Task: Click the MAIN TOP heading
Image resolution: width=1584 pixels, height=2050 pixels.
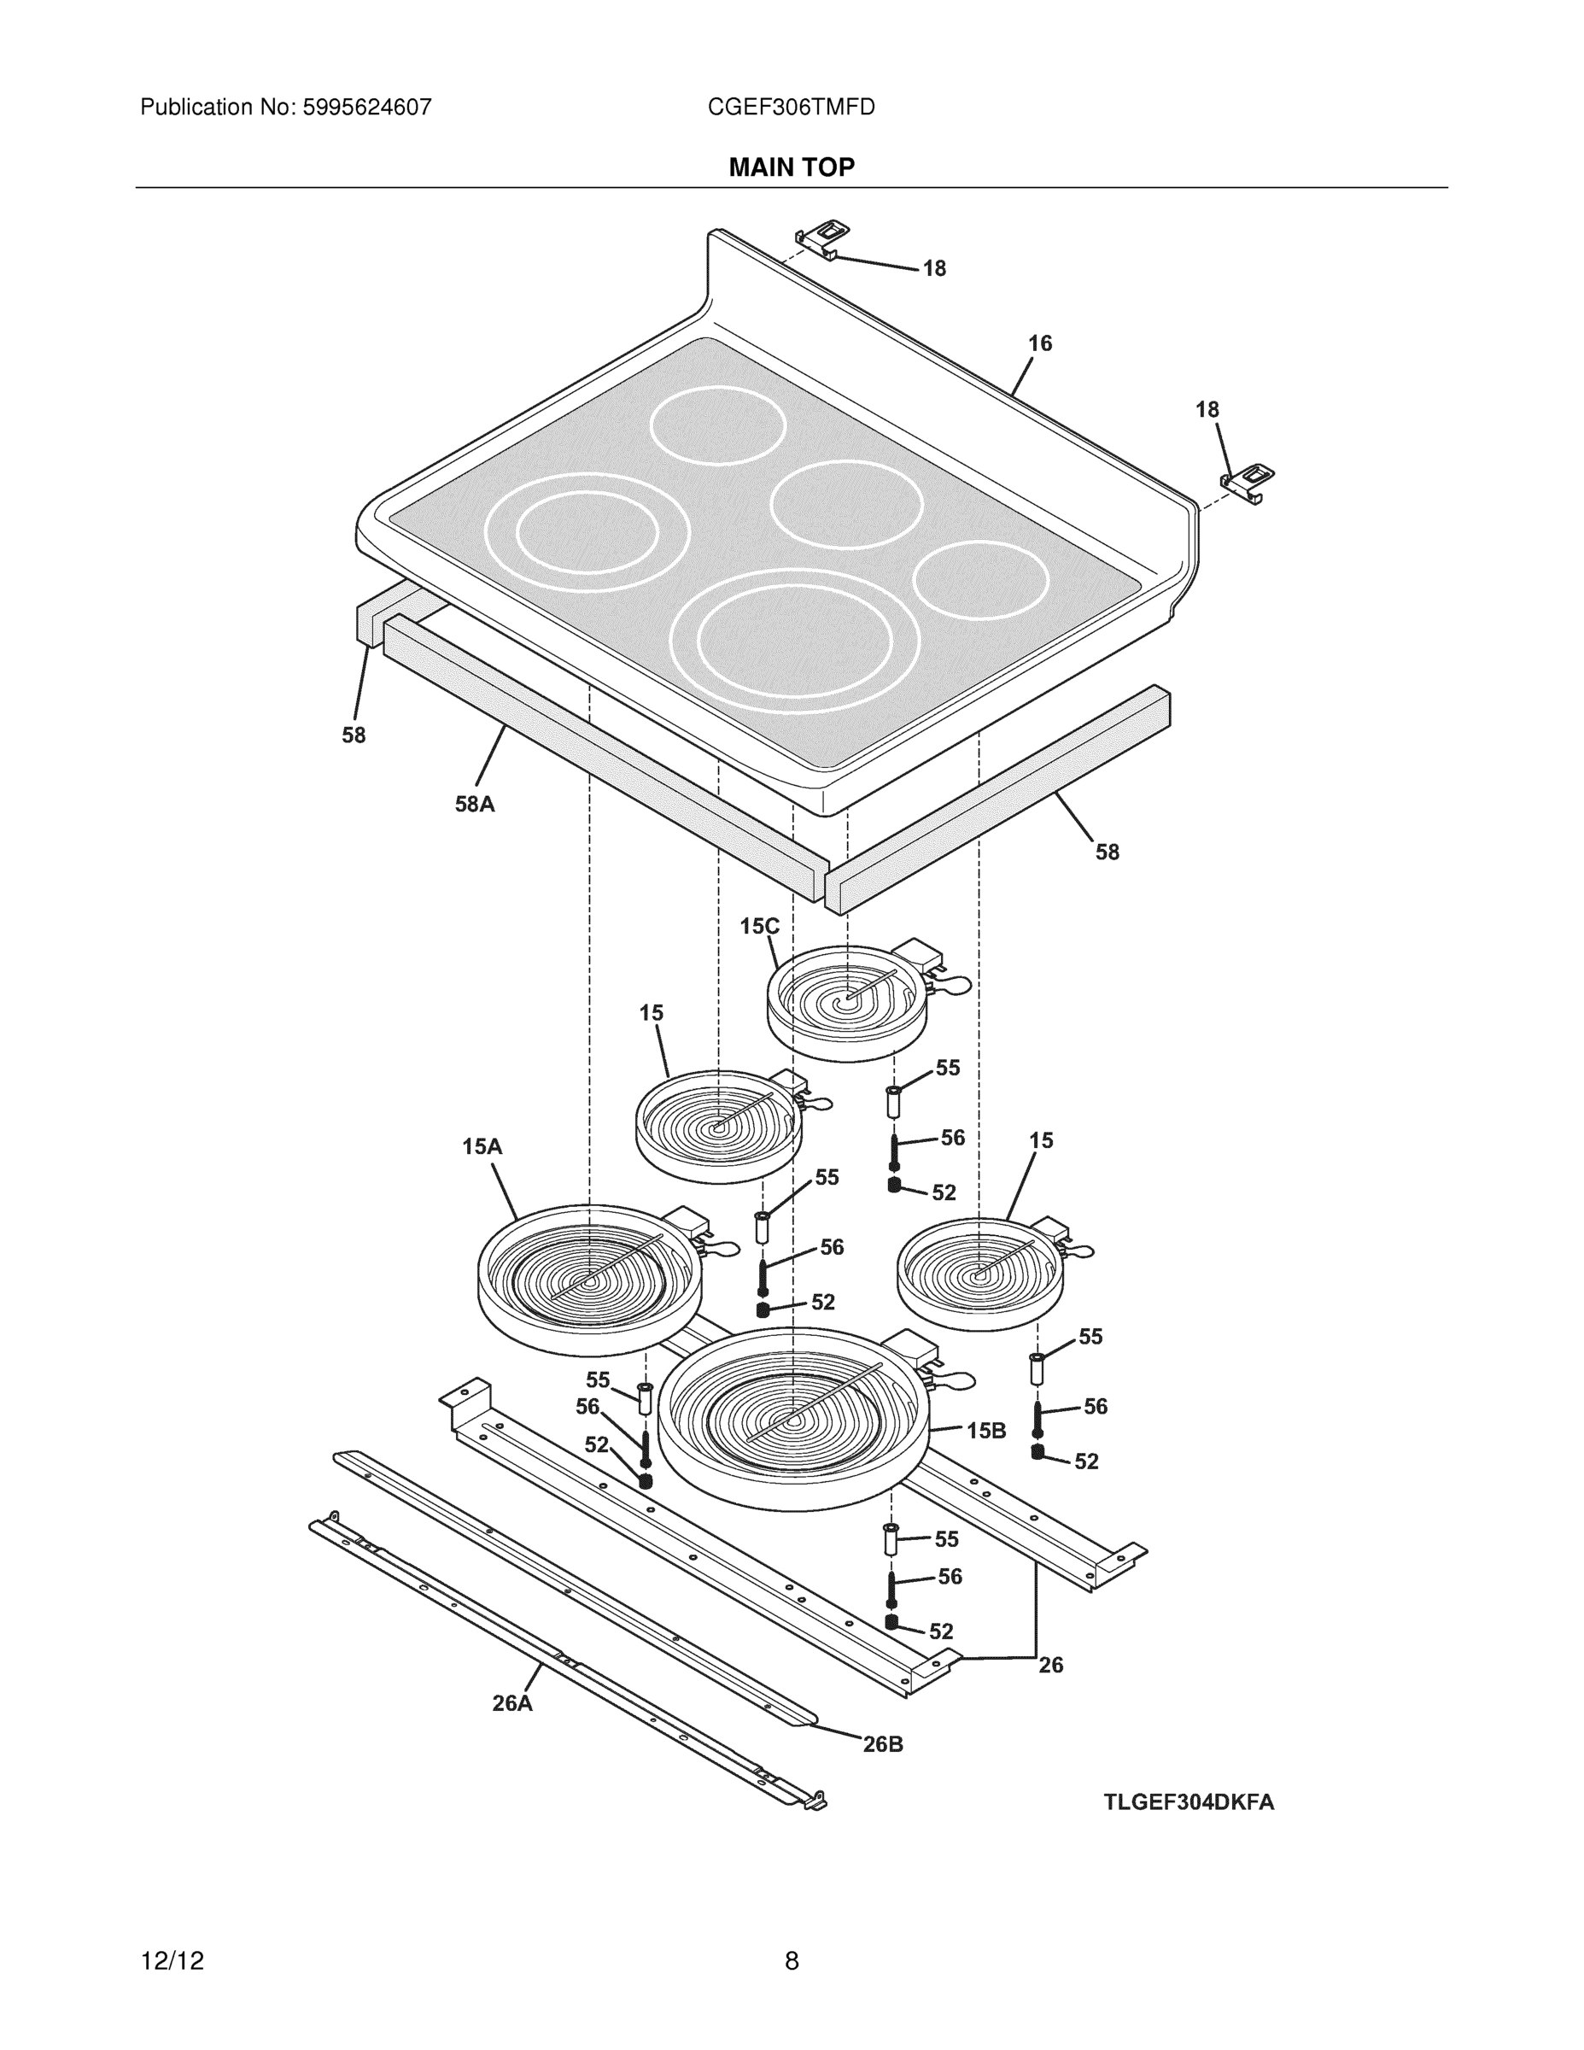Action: pos(791,167)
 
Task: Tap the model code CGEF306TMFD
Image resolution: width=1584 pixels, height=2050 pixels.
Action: pos(791,107)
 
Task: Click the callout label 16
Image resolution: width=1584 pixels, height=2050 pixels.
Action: pos(1040,343)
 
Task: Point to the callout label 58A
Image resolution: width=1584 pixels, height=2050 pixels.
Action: pos(475,805)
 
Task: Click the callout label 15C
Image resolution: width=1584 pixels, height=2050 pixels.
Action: pos(759,927)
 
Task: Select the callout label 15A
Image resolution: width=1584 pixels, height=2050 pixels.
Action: pos(482,1146)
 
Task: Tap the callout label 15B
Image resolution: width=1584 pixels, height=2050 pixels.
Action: pos(986,1431)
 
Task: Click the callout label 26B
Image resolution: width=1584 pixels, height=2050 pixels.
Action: pos(883,1744)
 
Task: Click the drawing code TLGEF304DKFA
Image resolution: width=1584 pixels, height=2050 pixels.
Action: pos(1188,1802)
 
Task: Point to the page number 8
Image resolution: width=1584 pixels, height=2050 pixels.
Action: pos(791,1961)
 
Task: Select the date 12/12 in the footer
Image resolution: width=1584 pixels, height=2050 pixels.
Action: pos(172,1961)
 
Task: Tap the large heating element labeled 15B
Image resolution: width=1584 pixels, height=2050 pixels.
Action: pos(794,1417)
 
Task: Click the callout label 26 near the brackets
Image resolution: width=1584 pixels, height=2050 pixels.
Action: pos(1050,1664)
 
